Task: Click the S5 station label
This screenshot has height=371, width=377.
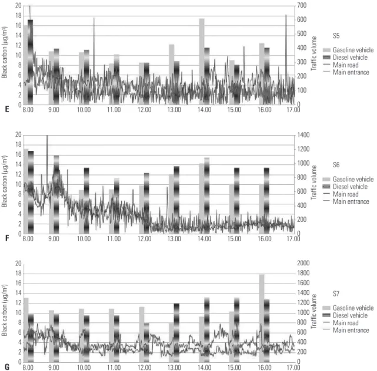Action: click(x=336, y=36)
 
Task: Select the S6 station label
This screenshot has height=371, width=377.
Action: click(x=336, y=165)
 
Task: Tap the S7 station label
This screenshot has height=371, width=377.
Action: click(x=336, y=294)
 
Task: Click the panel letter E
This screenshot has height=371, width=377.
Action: click(x=7, y=109)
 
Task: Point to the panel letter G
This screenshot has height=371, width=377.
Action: click(x=7, y=367)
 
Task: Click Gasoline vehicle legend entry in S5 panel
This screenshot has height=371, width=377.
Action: click(x=348, y=50)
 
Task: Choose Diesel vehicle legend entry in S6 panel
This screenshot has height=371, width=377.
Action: click(x=345, y=187)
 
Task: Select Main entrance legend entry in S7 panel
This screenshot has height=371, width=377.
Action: click(x=346, y=330)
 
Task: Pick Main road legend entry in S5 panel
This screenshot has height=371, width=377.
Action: click(x=341, y=65)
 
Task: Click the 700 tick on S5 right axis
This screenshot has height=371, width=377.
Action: click(x=302, y=5)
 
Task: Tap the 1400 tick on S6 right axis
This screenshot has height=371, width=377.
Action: click(x=303, y=135)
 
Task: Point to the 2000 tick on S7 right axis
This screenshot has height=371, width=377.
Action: click(x=303, y=263)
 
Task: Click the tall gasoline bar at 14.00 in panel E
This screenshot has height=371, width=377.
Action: click(x=202, y=62)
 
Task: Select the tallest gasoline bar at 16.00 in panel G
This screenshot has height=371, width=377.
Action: click(x=262, y=318)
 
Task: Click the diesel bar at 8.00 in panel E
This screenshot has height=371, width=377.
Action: click(x=31, y=62)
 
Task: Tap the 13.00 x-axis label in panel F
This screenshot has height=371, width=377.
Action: click(x=174, y=239)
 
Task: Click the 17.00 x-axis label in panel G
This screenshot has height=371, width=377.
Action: click(x=293, y=367)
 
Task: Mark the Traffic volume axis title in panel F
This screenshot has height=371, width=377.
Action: click(x=313, y=183)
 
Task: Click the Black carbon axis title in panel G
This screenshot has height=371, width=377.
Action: click(x=4, y=311)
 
